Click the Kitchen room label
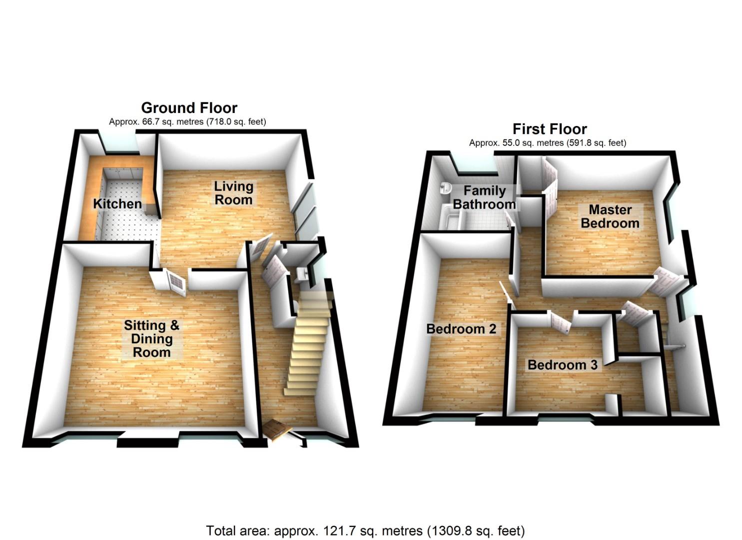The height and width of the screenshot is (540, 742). coord(117,204)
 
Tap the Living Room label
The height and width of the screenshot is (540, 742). coord(233,193)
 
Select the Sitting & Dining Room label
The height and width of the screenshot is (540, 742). coord(151,338)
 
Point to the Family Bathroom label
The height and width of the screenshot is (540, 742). coord(484,197)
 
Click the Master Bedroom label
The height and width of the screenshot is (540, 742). coord(610,216)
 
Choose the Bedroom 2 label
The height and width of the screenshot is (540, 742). coord(461,329)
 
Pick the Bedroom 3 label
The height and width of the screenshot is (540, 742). coord(562,365)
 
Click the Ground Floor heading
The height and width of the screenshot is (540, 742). coord(189,107)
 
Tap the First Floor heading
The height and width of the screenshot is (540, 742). coord(550,129)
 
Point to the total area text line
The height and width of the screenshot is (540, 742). coord(365,530)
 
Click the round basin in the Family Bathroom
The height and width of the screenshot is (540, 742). coord(445,189)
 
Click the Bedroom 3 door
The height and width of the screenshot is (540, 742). coord(561,321)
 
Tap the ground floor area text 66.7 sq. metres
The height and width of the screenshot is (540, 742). coord(187,121)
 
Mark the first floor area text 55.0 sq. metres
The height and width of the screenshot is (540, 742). coord(547,143)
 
